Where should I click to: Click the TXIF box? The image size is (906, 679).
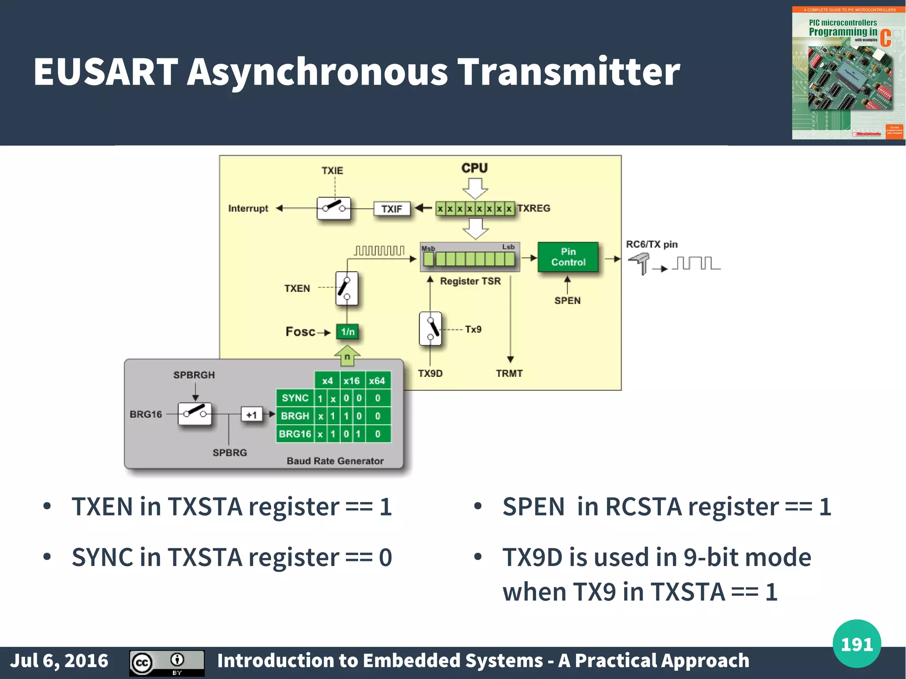pyautogui.click(x=392, y=209)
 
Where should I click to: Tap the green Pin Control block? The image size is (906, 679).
pyautogui.click(x=568, y=257)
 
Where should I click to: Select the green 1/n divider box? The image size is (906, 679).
pyautogui.click(x=347, y=332)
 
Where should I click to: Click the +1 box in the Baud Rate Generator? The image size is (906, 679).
pyautogui.click(x=251, y=415)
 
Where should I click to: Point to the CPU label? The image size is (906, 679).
pyautogui.click(x=474, y=168)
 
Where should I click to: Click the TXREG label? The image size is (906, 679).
pyautogui.click(x=534, y=208)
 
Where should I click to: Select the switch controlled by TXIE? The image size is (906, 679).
pyautogui.click(x=334, y=208)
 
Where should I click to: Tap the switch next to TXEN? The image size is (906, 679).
pyautogui.click(x=346, y=288)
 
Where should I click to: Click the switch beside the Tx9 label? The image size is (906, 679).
pyautogui.click(x=430, y=329)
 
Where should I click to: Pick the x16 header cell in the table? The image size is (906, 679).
pyautogui.click(x=352, y=381)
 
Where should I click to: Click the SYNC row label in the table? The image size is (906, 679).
pyautogui.click(x=295, y=398)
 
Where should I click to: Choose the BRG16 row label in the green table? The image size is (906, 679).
pyautogui.click(x=295, y=434)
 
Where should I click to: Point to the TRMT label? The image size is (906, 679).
pyautogui.click(x=509, y=374)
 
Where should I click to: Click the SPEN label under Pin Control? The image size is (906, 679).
pyautogui.click(x=568, y=301)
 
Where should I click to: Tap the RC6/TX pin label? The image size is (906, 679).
pyautogui.click(x=652, y=245)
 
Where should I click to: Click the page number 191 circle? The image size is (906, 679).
pyautogui.click(x=856, y=644)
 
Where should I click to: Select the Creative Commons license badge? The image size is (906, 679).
pyautogui.click(x=167, y=663)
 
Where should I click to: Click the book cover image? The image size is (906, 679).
pyautogui.click(x=848, y=73)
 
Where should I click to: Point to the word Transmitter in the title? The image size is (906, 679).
pyautogui.click(x=568, y=72)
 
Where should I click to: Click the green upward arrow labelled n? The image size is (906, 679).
pyautogui.click(x=347, y=357)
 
